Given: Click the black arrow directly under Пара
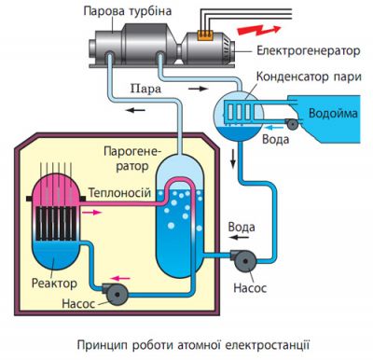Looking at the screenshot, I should (138, 108).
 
